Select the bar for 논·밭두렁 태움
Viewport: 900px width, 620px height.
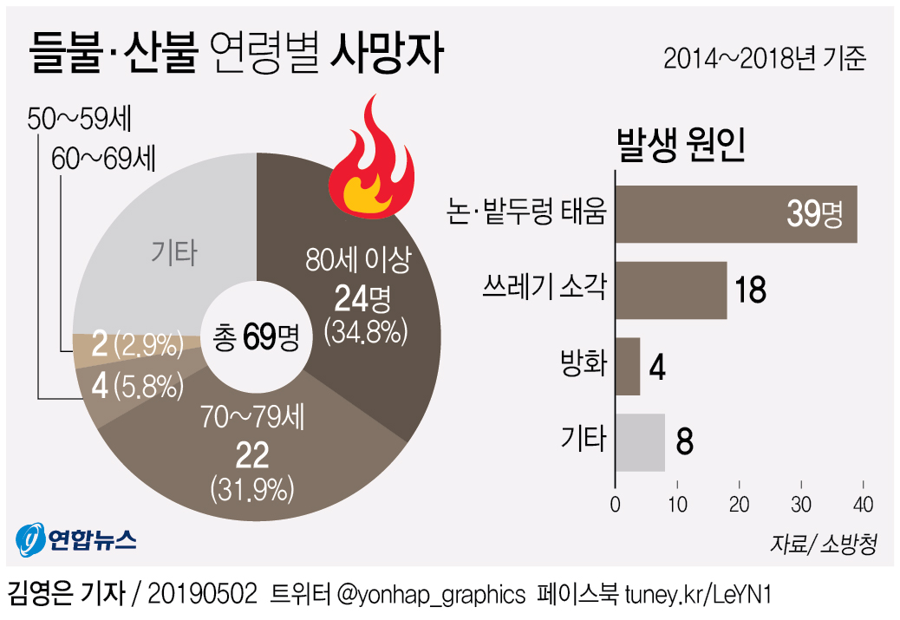coord(735,214)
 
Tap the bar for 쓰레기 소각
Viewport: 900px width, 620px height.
coord(671,290)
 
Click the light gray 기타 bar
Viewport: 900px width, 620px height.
coord(640,442)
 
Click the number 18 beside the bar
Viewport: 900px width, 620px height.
coord(750,290)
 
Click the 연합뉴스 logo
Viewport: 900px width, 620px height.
coord(76,542)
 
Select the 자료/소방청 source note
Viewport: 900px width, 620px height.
coord(823,543)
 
